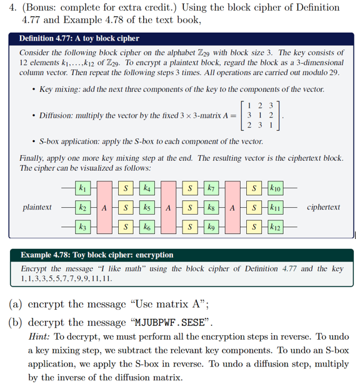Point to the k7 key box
coord(211,187)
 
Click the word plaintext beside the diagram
coord(37,206)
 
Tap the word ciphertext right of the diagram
coord(324,206)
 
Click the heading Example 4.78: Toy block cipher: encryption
coord(97,255)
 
